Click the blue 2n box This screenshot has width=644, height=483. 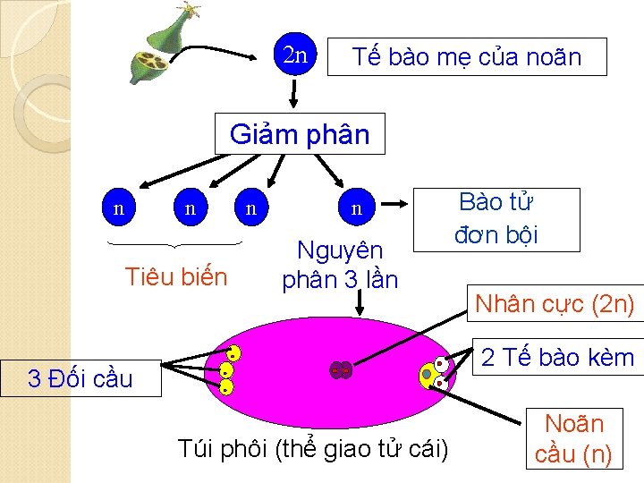click(295, 55)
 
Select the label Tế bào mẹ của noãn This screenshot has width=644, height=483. click(466, 57)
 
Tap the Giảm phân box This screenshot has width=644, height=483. click(300, 134)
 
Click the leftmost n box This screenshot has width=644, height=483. click(119, 208)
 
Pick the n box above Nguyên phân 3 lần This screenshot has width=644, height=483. click(356, 209)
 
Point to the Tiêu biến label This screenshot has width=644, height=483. click(175, 276)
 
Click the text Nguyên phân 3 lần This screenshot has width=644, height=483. click(340, 265)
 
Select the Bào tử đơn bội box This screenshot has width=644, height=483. click(496, 218)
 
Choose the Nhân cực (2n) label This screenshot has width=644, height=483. click(555, 305)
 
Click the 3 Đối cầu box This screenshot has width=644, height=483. click(80, 378)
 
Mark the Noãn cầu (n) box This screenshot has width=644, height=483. click(573, 438)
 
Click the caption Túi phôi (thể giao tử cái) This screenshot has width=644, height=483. click(312, 448)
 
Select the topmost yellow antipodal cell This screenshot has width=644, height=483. click(233, 352)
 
